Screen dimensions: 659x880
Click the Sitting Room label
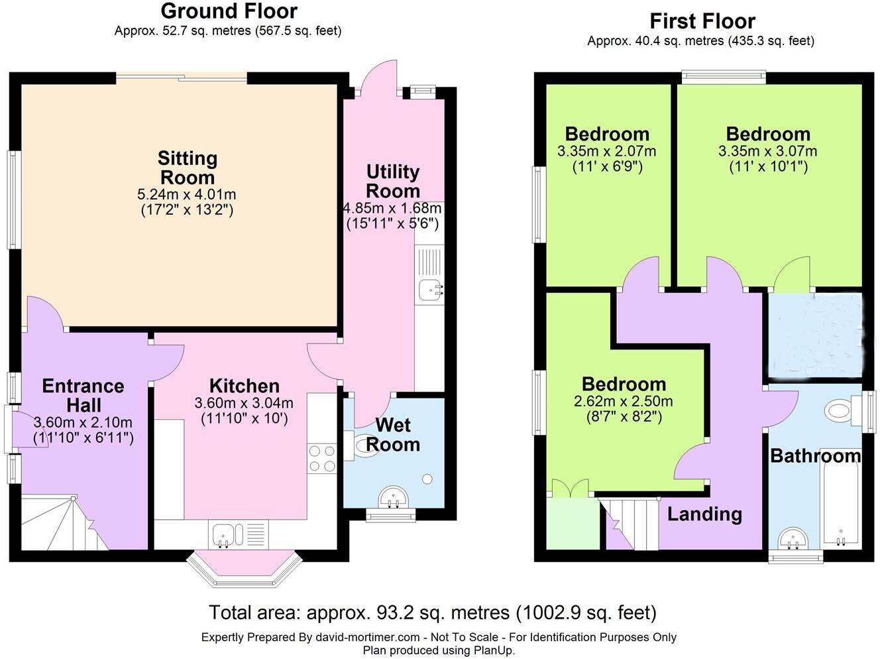pos(187,168)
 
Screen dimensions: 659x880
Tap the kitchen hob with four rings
pos(322,458)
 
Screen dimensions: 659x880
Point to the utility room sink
pos(429,288)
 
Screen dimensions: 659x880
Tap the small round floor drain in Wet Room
pos(427,479)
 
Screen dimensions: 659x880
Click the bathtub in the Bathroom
pos(840,504)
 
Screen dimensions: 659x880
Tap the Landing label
pos(704,514)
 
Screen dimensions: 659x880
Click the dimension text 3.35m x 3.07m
pos(768,151)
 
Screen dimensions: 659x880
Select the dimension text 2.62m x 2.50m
pos(624,401)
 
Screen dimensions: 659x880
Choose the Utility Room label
pos(393,181)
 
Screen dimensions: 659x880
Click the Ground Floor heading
pos(229,11)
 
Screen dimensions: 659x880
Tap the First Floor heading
pos(702,21)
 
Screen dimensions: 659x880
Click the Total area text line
pos(432,611)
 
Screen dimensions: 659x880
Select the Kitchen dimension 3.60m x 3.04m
pos(244,403)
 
